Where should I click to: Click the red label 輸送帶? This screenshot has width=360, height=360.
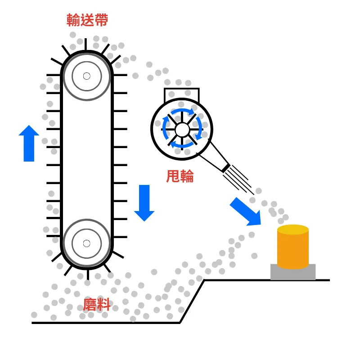(87, 20)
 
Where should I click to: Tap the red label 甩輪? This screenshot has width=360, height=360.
(180, 176)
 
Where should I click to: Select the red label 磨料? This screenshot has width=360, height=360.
(97, 305)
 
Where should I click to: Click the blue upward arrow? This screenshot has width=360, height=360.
(29, 143)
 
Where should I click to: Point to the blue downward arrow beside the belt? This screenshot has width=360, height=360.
(144, 202)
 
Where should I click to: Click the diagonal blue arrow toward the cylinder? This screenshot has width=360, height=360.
(246, 211)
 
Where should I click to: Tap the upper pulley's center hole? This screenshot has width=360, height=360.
(87, 76)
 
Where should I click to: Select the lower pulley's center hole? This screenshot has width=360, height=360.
(87, 243)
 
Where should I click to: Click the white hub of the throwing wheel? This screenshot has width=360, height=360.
(182, 130)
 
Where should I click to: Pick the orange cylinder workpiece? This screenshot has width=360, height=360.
(292, 250)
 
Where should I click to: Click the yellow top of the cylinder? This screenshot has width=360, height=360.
(292, 229)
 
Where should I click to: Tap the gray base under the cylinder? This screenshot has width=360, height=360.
(292, 273)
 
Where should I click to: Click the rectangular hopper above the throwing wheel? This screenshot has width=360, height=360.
(181, 94)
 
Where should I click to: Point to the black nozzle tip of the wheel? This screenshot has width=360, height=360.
(225, 167)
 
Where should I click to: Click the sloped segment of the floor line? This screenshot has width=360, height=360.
(192, 301)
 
